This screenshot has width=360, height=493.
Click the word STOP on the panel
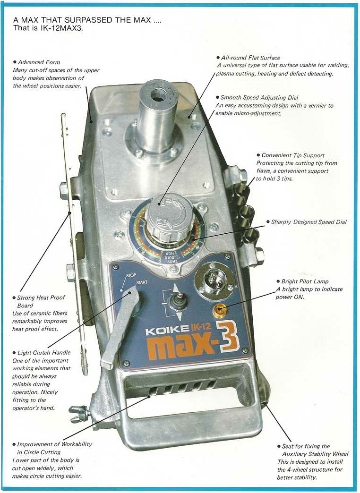coord(131,275)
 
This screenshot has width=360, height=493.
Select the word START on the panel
coord(141,282)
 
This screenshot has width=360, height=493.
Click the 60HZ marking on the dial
coord(171,254)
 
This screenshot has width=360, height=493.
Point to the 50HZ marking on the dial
coord(171,262)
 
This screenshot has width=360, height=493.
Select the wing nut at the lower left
coord(79,414)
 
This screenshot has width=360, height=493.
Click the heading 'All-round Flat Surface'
coord(250,58)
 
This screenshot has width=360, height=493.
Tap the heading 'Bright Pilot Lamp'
coord(305,281)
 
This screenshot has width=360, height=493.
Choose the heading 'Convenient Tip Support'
coord(292,155)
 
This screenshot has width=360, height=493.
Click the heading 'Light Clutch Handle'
coord(44,352)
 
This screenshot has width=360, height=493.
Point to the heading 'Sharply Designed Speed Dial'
coord(309,221)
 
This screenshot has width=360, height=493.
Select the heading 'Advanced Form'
coord(39,62)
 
